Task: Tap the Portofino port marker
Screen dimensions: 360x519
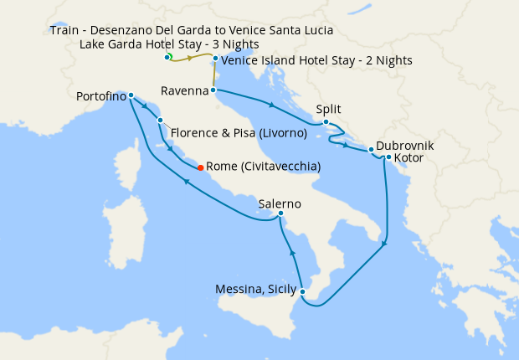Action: pyautogui.click(x=131, y=95)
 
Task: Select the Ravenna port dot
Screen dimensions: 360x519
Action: pyautogui.click(x=213, y=90)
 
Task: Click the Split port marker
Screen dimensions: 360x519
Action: pyautogui.click(x=326, y=122)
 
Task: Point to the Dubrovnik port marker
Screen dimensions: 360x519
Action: pyautogui.click(x=371, y=151)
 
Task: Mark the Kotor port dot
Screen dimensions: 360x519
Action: pyautogui.click(x=388, y=157)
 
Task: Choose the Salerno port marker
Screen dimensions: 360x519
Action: pyautogui.click(x=280, y=214)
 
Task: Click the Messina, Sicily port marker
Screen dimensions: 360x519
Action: pyautogui.click(x=302, y=292)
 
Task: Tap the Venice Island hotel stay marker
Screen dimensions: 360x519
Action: pyautogui.click(x=215, y=59)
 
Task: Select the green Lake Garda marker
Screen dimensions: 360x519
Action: pyautogui.click(x=167, y=56)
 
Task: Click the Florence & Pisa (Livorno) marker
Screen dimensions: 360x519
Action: pyautogui.click(x=159, y=121)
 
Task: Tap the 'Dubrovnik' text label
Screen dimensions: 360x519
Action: pyautogui.click(x=404, y=145)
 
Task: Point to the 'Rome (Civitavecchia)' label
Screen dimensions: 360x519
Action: pyautogui.click(x=263, y=167)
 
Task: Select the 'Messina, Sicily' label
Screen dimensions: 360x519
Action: pyautogui.click(x=255, y=290)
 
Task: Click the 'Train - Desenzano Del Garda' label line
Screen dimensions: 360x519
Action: pyautogui.click(x=191, y=30)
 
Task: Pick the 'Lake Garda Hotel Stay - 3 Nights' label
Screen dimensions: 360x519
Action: pyautogui.click(x=169, y=44)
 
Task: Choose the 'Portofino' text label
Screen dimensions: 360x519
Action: pyautogui.click(x=101, y=96)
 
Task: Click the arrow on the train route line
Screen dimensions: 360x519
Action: pyautogui.click(x=192, y=59)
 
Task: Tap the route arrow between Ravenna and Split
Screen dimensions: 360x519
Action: pyautogui.click(x=270, y=105)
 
